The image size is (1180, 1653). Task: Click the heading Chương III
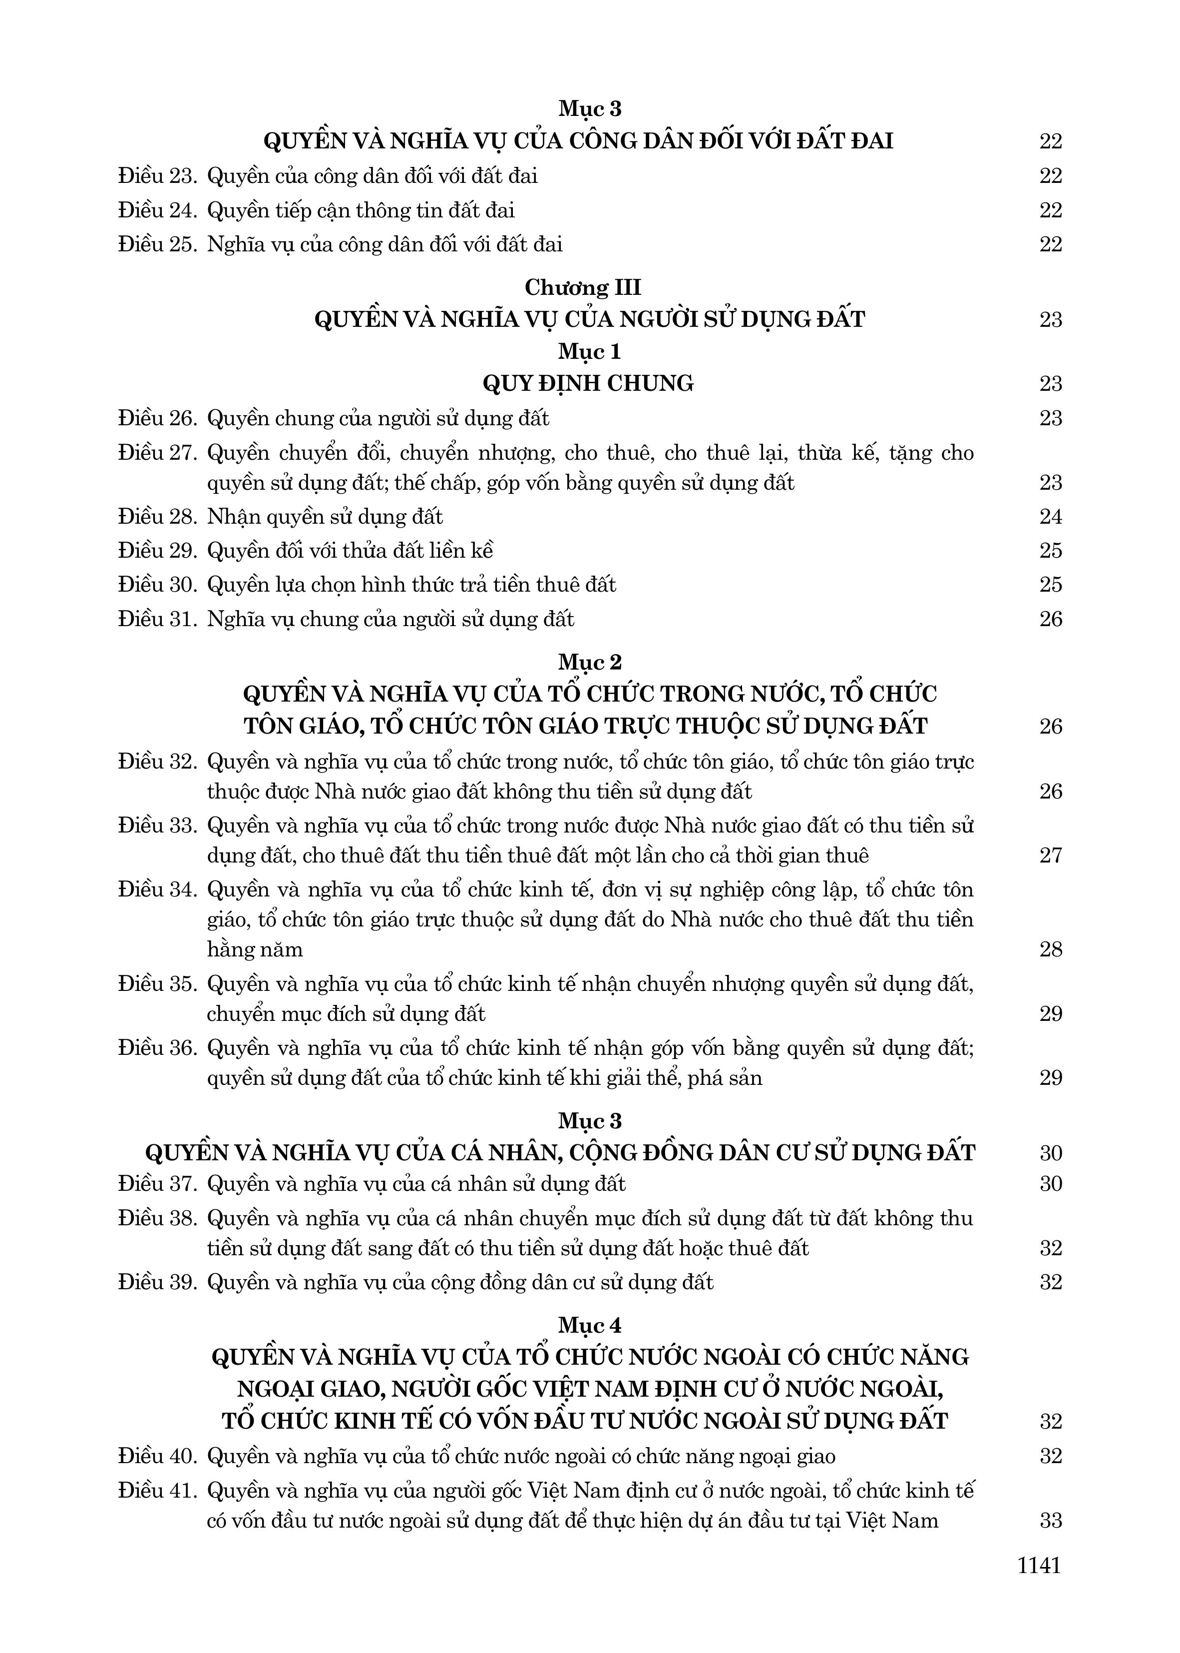583,287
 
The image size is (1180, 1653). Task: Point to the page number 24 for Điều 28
1051,517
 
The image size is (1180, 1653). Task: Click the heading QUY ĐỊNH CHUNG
588,383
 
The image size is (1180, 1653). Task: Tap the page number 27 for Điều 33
1051,855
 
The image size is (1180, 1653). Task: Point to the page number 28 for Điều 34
1051,949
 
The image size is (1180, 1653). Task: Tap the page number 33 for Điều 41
1051,1521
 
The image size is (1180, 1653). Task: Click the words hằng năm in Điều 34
254,949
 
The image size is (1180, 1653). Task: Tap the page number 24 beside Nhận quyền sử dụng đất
1051,517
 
